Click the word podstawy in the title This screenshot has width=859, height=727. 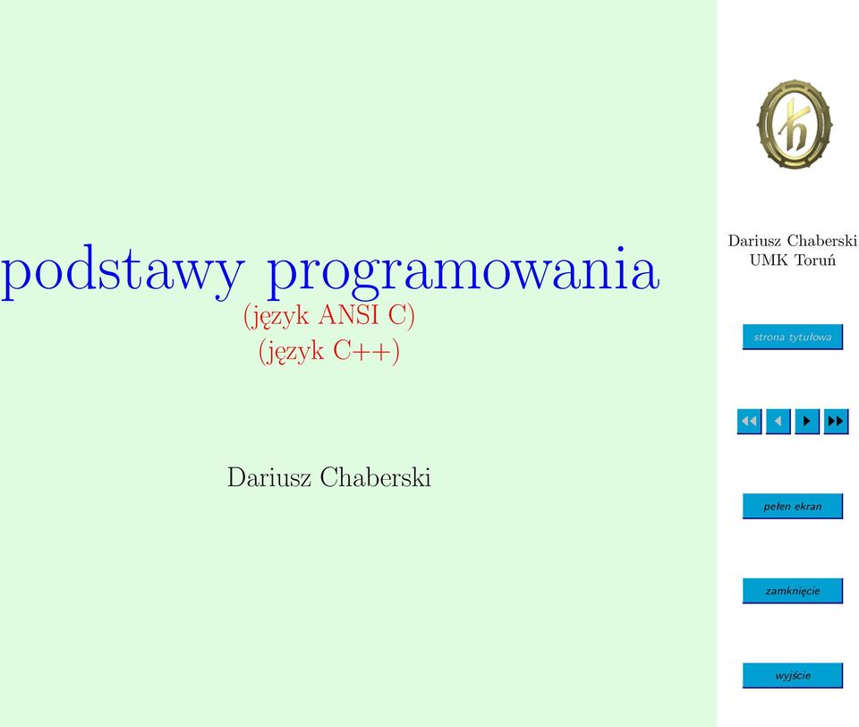(x=123, y=272)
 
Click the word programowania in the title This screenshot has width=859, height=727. (x=463, y=272)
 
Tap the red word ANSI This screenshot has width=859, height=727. (x=348, y=314)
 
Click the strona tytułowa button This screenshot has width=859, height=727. (x=792, y=337)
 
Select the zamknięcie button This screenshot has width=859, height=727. (x=792, y=591)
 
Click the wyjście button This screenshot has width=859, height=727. (x=792, y=675)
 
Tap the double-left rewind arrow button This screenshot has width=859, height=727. (x=749, y=421)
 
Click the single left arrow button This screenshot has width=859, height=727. (x=778, y=421)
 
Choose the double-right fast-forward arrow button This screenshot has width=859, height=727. (x=836, y=421)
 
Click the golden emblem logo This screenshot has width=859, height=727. (x=795, y=124)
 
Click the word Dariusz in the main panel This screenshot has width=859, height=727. (x=269, y=477)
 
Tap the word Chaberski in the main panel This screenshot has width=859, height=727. (x=375, y=477)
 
